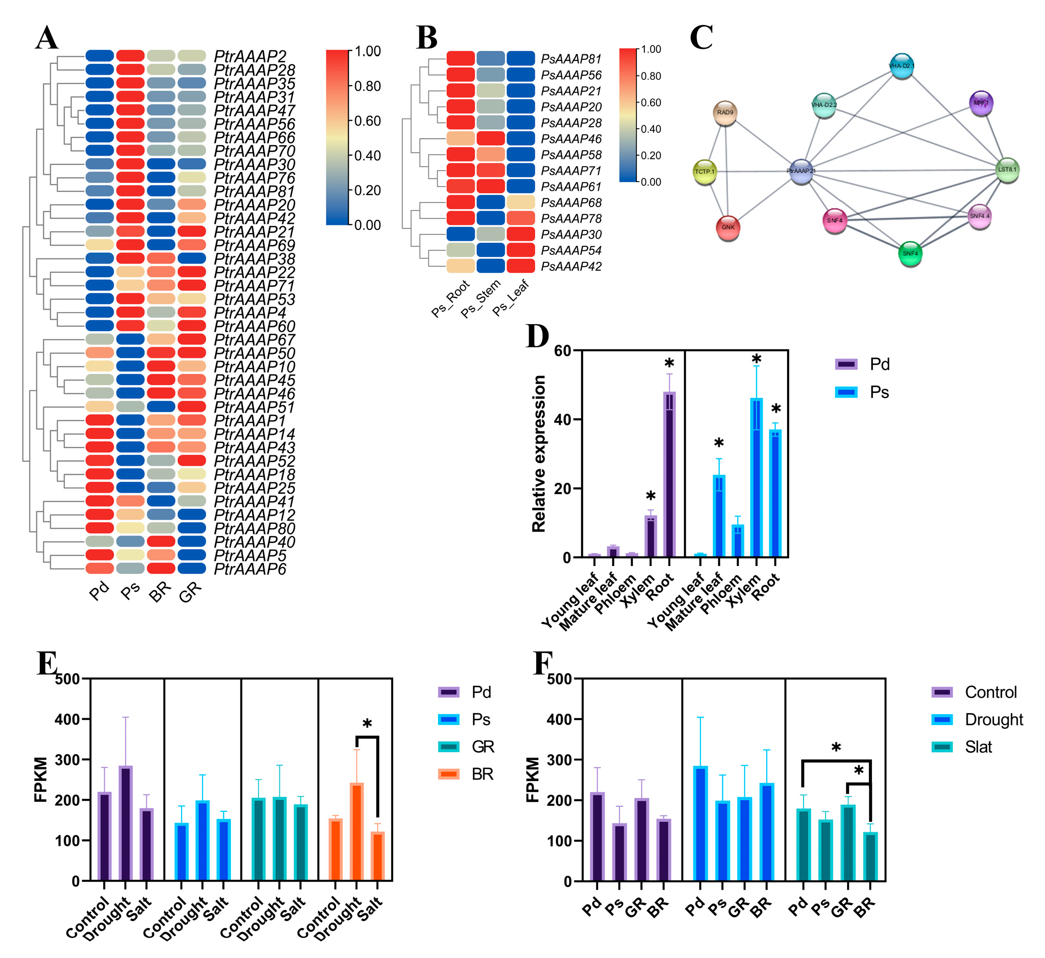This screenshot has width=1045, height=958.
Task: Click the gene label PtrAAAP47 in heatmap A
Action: click(x=254, y=110)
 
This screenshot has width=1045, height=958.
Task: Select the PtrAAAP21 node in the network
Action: click(x=801, y=171)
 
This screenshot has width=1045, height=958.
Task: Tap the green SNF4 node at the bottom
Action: click(x=910, y=253)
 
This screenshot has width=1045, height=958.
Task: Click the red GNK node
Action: click(x=728, y=227)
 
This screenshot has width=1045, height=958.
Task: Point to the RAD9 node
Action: click(x=725, y=113)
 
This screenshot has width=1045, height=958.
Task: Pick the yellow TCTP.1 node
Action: click(x=705, y=172)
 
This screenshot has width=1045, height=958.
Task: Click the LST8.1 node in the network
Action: click(x=1007, y=170)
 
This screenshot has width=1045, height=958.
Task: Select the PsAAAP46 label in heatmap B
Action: click(x=571, y=139)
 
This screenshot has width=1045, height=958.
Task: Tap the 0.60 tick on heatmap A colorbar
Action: click(x=367, y=121)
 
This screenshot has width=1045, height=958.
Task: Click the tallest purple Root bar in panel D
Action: click(x=669, y=474)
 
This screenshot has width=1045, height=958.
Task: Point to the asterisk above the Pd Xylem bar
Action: click(x=650, y=497)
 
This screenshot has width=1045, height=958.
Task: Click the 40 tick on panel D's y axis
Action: click(x=562, y=419)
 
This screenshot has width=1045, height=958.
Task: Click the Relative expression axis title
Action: click(x=539, y=454)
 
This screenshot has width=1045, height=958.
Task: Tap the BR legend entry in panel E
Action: click(x=466, y=774)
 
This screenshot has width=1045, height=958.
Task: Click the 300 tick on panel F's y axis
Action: click(x=560, y=760)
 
